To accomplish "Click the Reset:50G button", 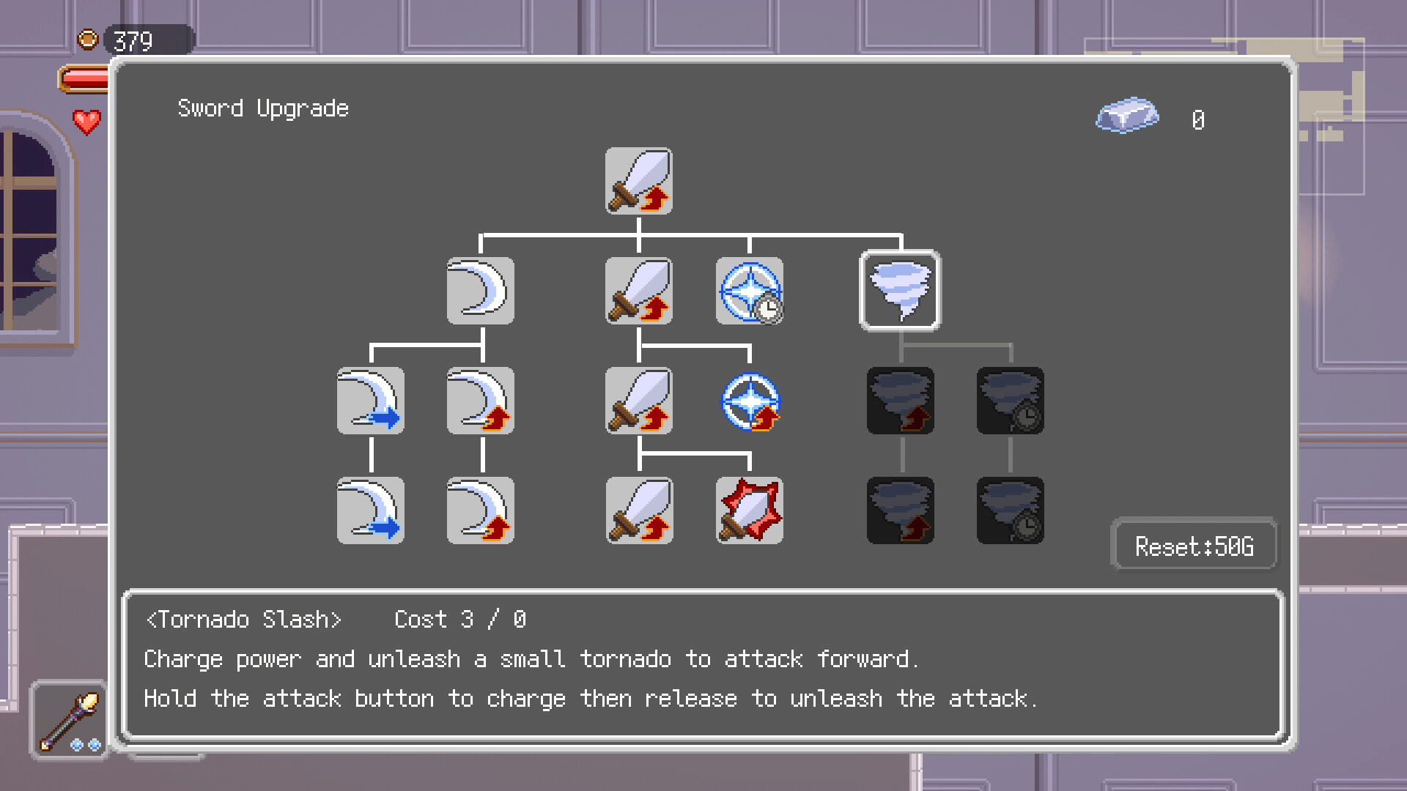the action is coord(1194,546).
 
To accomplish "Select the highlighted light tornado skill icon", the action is coord(901,291).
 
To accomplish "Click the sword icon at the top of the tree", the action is coord(639,181).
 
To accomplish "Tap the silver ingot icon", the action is coord(1127,116).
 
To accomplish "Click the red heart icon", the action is coord(86,122).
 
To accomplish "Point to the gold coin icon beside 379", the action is coord(88,40).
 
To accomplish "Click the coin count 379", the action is coord(133,41).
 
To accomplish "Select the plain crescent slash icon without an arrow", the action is coord(481,291).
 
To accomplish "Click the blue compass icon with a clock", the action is coord(750,291).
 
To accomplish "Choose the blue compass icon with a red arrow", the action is coord(750,401).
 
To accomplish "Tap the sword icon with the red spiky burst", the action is coord(750,510).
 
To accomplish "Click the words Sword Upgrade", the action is coord(263,108).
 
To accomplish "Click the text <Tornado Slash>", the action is coord(244,620).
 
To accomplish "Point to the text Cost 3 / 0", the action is coord(460,620).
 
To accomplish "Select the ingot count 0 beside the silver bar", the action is coord(1198,119).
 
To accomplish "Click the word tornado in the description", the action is coord(625,659).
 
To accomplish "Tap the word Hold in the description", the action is coord(170,699).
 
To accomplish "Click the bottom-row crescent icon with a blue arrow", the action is coord(371,510).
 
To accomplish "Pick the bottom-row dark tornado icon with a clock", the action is coord(1011,510).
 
